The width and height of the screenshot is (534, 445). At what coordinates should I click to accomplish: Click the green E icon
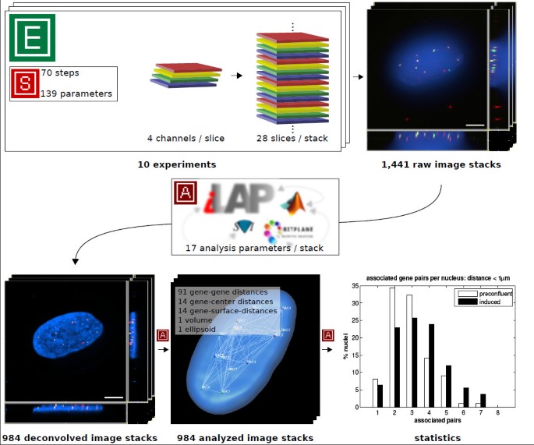(32, 37)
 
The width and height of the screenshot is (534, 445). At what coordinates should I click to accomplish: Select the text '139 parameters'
(76, 94)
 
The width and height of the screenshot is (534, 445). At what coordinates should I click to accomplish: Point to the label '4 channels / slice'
(186, 138)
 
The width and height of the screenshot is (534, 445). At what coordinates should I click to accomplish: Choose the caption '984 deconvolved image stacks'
(80, 437)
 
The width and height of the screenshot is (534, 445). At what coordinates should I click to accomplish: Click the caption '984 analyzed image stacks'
(245, 437)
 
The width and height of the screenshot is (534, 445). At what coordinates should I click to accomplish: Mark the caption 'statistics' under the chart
(439, 437)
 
